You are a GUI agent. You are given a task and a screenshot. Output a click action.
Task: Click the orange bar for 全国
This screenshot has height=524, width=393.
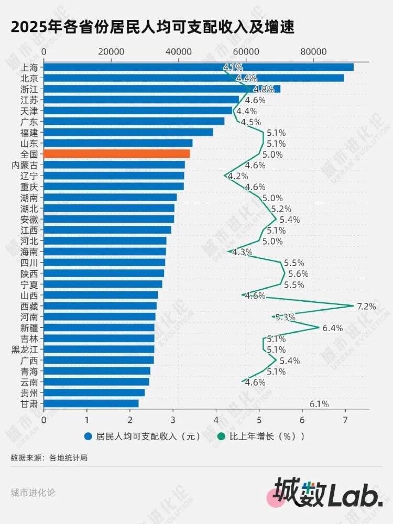coord(116,154)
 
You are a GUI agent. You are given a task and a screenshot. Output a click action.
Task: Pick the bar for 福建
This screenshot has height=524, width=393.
coord(128,132)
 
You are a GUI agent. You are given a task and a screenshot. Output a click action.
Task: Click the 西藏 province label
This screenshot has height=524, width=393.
coord(29,306)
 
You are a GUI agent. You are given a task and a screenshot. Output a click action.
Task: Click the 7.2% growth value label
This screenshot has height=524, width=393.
coord(366,307)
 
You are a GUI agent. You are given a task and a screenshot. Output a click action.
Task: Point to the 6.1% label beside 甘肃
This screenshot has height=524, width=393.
coord(319,404)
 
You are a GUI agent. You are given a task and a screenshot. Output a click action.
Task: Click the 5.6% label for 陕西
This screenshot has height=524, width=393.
coord(298,274)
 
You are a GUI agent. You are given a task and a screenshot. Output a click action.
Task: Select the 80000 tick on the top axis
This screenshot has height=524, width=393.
coord(313,52)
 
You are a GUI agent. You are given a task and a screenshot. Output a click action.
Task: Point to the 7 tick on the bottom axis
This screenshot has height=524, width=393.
coord(345,420)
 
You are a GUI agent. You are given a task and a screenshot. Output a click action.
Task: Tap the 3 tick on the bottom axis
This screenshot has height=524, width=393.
coord(173,420)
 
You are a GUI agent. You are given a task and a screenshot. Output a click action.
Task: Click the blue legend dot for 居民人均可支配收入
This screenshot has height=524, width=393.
coord(88,436)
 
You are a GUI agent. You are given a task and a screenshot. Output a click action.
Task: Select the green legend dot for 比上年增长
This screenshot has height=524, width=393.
coord(221,436)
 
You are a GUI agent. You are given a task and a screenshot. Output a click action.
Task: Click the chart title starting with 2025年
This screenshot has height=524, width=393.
coord(152,27)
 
